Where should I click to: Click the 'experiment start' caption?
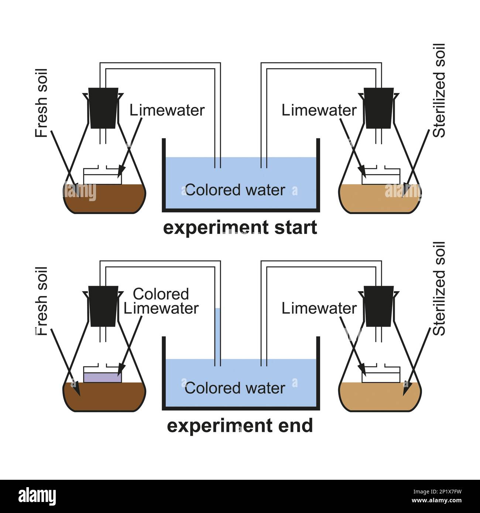click(x=240, y=227)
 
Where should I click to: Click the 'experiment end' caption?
click(x=240, y=426)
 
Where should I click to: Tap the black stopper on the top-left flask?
click(x=103, y=108)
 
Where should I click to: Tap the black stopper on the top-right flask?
click(x=378, y=108)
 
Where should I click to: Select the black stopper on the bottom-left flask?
click(x=103, y=306)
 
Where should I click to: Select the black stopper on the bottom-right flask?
click(x=378, y=306)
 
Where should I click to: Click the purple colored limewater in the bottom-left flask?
click(x=102, y=378)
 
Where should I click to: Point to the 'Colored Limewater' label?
click(x=161, y=301)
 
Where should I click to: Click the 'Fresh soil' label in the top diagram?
click(x=41, y=103)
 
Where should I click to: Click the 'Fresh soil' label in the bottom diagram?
click(x=41, y=301)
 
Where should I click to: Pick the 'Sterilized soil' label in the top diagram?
click(x=439, y=91)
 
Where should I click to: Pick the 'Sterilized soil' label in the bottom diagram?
click(x=439, y=289)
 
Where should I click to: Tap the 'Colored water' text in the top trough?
click(x=235, y=190)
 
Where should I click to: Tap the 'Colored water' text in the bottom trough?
click(x=235, y=388)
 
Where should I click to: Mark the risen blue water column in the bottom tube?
click(x=217, y=332)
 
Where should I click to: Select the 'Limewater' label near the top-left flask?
click(x=167, y=110)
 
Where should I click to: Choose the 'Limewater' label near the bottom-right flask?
click(x=319, y=309)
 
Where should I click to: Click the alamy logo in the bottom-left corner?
click(x=37, y=496)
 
